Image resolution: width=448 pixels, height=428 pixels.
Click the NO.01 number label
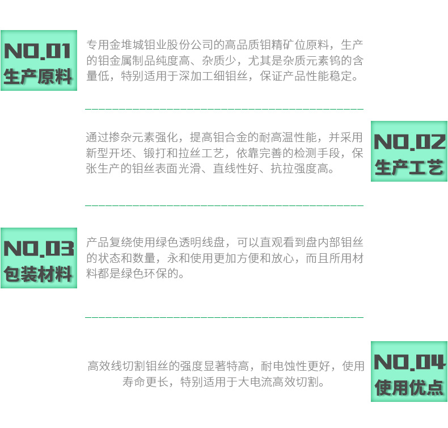(38, 51)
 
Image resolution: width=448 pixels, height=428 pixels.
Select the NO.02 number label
(409, 142)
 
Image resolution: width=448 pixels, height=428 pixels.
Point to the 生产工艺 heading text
(409, 167)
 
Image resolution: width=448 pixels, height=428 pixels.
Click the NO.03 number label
(38, 249)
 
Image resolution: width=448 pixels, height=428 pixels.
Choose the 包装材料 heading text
(38, 274)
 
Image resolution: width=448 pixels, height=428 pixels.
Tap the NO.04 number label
(409, 362)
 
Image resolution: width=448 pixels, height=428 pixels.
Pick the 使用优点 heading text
(409, 387)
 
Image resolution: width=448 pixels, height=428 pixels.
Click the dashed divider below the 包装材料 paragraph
(224, 317)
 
